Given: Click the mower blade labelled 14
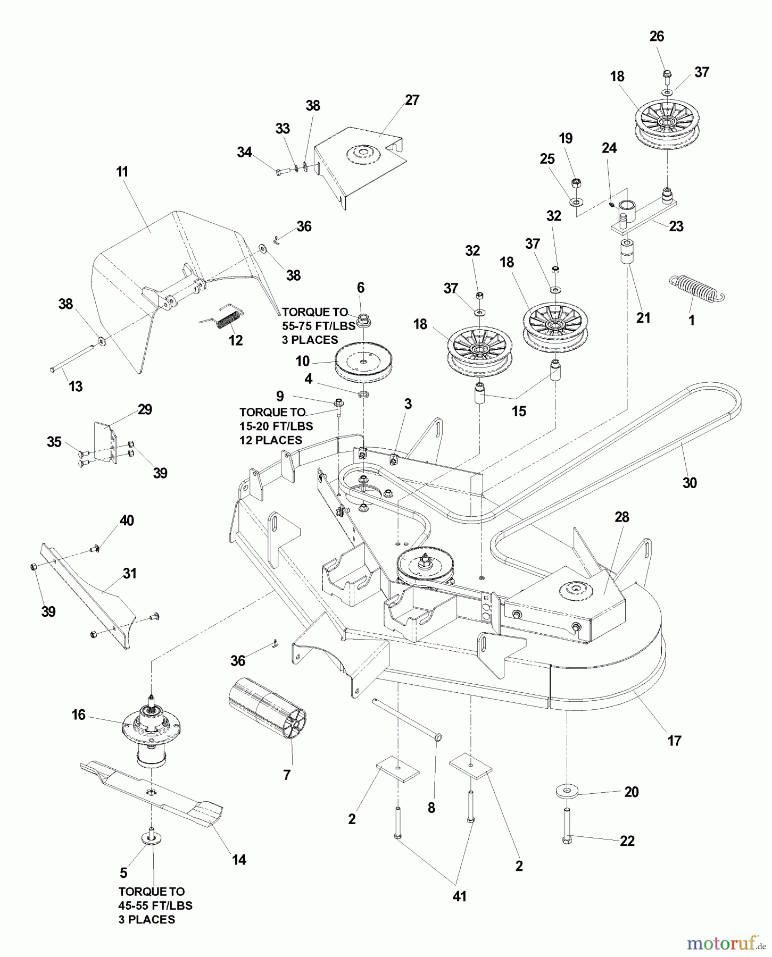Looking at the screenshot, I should (x=154, y=792).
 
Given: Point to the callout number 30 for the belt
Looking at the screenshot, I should (x=690, y=483).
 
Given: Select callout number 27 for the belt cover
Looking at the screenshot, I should (x=412, y=100).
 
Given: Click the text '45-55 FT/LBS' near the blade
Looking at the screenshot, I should (x=155, y=905).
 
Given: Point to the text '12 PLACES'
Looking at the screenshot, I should (x=271, y=440).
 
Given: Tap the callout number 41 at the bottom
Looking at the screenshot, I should (x=459, y=896).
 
